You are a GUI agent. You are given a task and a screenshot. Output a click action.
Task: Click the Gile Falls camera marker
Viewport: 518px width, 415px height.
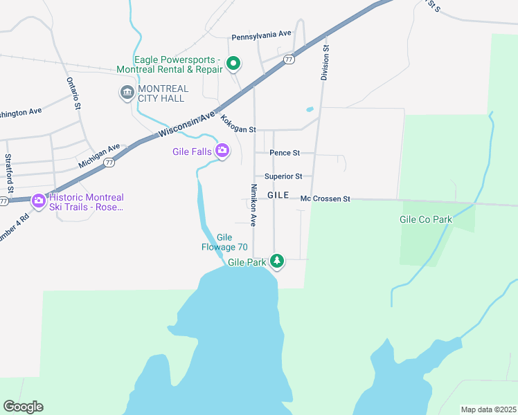[222, 150]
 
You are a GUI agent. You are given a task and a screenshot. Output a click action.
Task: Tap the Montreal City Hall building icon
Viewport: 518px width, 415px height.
[127, 93]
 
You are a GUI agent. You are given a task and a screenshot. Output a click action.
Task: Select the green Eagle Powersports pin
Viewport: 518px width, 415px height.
[233, 65]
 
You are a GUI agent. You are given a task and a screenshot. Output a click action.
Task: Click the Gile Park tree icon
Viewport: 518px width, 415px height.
[277, 261]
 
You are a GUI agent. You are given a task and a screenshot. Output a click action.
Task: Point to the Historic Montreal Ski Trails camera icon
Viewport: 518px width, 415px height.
[39, 201]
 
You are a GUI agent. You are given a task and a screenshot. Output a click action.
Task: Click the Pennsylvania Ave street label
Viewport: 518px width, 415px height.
[261, 35]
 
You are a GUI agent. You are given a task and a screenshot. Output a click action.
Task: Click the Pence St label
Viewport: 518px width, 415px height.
[285, 152]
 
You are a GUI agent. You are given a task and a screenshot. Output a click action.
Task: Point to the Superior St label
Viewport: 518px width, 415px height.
[283, 176]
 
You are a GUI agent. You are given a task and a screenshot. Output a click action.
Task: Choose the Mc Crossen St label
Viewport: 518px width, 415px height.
[325, 199]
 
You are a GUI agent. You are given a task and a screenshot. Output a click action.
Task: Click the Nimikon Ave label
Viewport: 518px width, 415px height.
[253, 205]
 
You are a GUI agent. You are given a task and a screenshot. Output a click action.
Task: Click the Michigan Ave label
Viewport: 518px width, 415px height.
[99, 156]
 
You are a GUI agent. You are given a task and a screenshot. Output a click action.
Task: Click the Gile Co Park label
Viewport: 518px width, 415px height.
[425, 219]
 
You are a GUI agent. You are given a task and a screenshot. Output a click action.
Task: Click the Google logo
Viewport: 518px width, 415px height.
[23, 407]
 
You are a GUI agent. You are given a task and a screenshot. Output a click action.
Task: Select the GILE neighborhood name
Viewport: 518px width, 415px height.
[278, 196]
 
